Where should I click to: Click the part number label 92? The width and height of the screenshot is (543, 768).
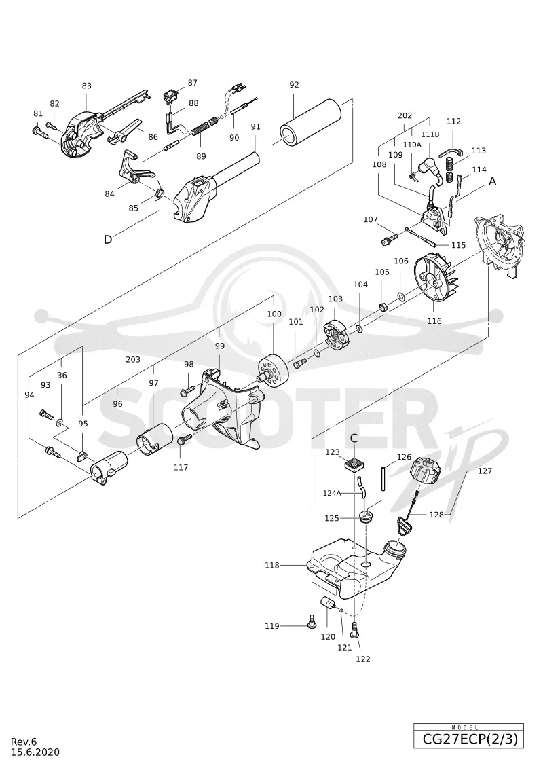[x=294, y=85]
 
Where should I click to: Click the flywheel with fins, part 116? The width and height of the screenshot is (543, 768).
[x=436, y=280]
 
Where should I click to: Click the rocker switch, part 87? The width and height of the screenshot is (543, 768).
[x=171, y=95]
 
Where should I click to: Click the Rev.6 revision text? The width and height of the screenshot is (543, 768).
[x=23, y=742]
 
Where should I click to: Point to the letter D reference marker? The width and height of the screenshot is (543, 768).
[x=108, y=239]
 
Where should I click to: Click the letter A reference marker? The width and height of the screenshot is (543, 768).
[x=493, y=181]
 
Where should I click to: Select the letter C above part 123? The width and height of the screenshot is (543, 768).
[x=354, y=439]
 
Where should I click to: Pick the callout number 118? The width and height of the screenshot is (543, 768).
[x=271, y=565]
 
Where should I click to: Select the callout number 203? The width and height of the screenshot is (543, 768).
[x=132, y=359]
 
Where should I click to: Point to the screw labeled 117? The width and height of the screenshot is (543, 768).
[x=185, y=439]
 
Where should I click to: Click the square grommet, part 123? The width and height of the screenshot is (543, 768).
[x=354, y=463]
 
